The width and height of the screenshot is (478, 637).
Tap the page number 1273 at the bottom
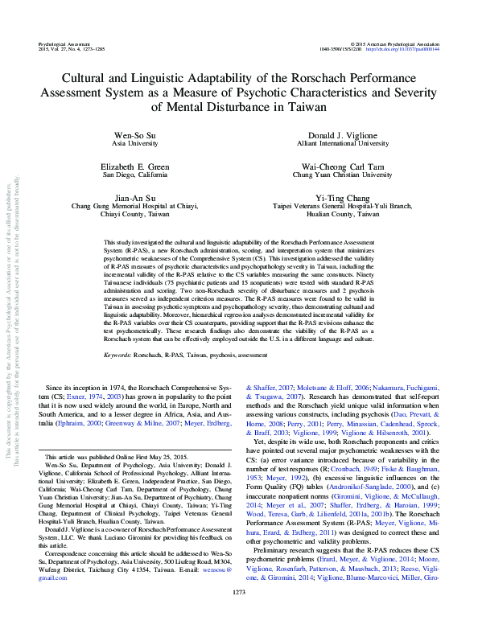pos(239,614)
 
